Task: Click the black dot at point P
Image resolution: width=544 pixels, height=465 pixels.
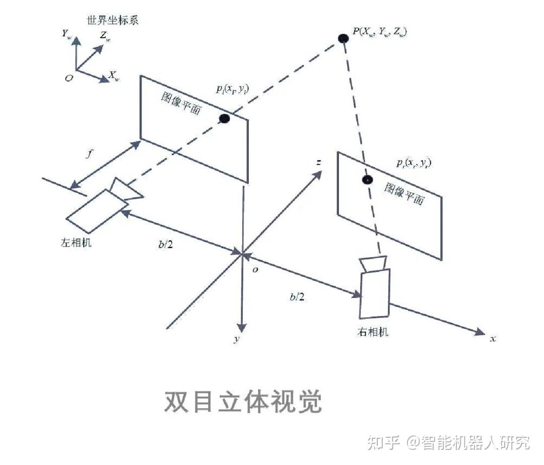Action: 344,38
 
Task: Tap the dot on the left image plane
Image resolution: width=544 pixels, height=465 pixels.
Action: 225,118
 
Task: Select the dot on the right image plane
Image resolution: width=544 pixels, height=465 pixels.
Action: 368,180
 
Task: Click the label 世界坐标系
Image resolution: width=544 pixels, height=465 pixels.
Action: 116,21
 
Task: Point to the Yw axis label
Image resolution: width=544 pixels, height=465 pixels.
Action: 66,34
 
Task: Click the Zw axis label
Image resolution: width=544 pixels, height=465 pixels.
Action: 105,36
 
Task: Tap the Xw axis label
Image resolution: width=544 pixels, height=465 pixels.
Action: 114,77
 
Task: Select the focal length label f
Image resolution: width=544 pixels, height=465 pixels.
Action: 90,154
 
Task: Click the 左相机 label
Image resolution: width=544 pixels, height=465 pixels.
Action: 76,242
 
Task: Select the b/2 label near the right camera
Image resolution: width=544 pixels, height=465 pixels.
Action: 297,297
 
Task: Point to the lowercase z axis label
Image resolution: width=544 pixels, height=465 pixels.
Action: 318,163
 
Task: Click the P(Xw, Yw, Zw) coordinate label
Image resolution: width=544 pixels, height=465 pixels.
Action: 380,31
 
